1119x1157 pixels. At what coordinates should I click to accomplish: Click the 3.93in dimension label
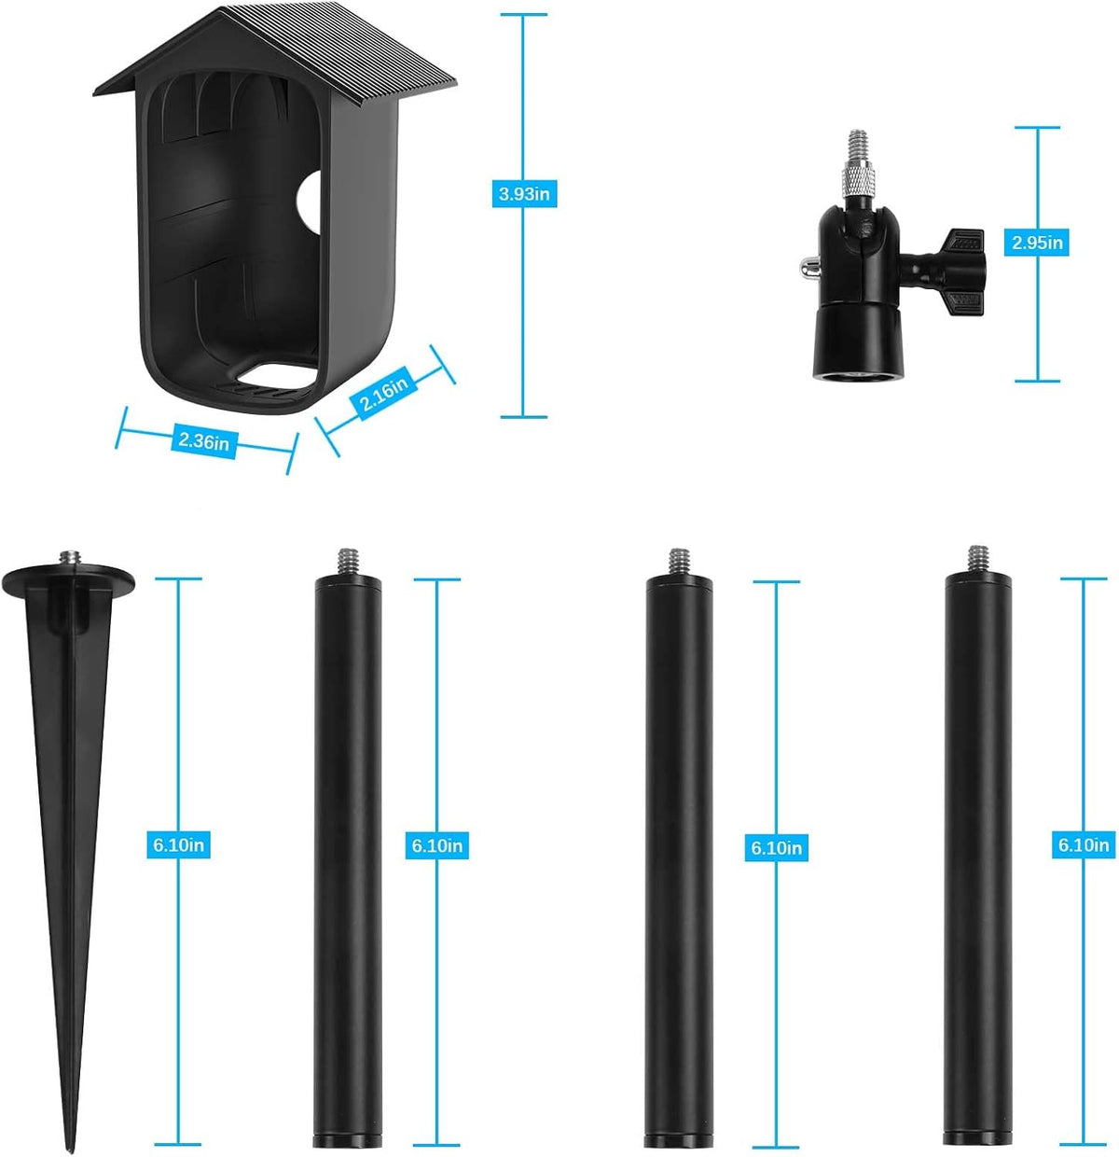click(524, 194)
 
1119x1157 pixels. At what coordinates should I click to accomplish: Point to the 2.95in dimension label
click(1036, 243)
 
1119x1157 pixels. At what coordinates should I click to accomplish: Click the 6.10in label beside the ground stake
click(178, 844)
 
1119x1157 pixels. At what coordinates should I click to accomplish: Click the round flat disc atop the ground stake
click(68, 579)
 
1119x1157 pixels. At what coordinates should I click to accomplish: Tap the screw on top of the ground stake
click(70, 559)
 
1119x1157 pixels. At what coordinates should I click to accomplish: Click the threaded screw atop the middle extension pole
click(679, 562)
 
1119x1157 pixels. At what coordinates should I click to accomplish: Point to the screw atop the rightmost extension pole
click(977, 560)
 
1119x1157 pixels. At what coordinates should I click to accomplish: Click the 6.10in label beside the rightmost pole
click(1084, 844)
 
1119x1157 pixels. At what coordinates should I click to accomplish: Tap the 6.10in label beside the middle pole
click(776, 847)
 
